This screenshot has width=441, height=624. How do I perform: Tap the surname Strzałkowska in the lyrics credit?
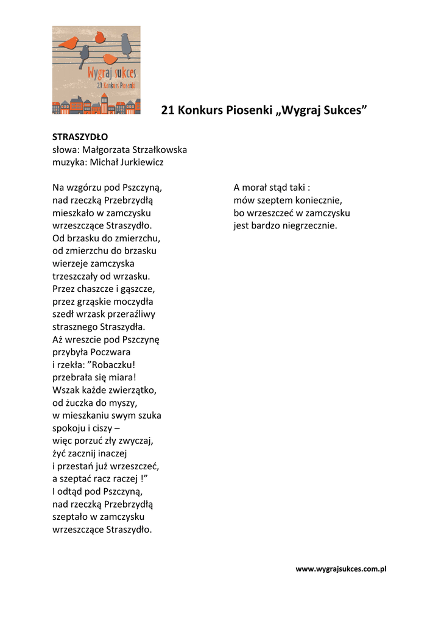click(x=157, y=149)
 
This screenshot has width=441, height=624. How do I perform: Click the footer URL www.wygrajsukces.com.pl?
click(x=341, y=569)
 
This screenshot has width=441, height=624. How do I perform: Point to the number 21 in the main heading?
click(x=168, y=110)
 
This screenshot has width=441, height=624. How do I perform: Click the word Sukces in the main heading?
click(x=342, y=110)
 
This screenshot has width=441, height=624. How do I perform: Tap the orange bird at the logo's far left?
click(x=69, y=43)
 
